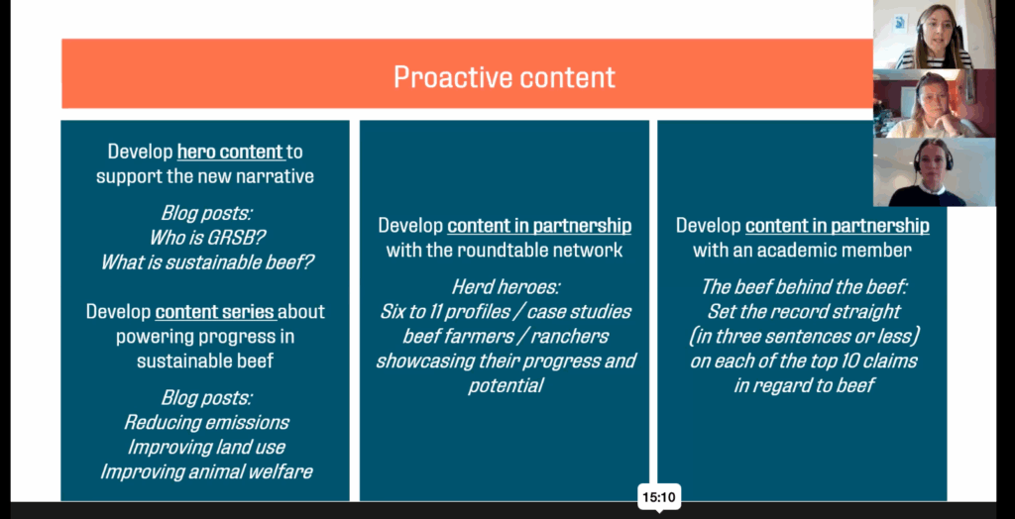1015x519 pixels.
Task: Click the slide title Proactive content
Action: click(504, 77)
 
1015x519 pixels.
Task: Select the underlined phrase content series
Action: click(214, 311)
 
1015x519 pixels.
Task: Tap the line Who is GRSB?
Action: click(205, 238)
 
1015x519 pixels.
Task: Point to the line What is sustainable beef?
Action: click(205, 262)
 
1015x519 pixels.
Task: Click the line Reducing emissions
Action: click(205, 422)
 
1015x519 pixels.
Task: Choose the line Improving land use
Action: click(205, 447)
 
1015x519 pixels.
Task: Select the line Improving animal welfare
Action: click(205, 471)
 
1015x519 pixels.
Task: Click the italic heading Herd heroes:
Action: click(505, 287)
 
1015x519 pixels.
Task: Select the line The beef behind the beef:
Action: click(802, 287)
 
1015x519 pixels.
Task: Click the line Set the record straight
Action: click(802, 312)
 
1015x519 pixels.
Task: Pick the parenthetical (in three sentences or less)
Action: click(802, 336)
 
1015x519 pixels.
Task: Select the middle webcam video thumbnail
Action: click(934, 104)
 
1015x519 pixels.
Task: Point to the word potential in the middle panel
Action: click(505, 385)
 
